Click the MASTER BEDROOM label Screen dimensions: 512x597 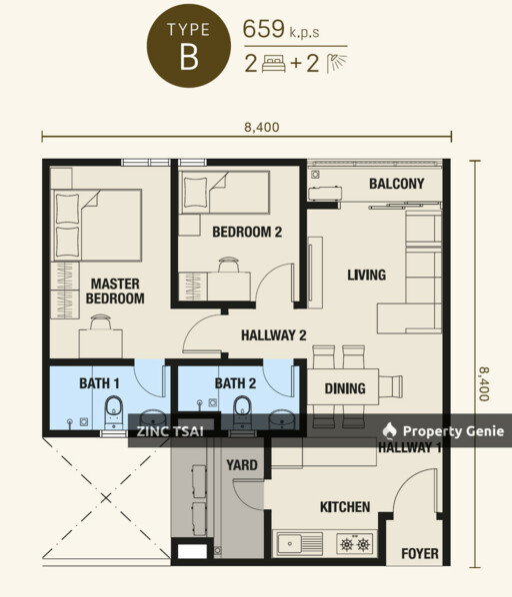click(x=115, y=292)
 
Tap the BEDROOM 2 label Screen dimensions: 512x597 click(x=247, y=232)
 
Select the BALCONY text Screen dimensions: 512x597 click(x=396, y=184)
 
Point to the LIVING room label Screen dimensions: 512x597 click(x=366, y=275)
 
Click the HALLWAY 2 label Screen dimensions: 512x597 click(x=274, y=335)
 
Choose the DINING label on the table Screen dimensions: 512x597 click(x=345, y=388)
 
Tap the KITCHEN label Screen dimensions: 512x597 click(x=345, y=507)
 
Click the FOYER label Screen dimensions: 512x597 click(x=420, y=554)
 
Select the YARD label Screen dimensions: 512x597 click(x=242, y=465)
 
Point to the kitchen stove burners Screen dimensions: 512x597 click(x=355, y=544)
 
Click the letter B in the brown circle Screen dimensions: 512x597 click(x=189, y=58)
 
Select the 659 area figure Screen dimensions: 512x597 click(x=264, y=29)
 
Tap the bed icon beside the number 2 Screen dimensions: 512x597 click(x=273, y=64)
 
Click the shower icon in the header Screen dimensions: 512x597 click(x=336, y=63)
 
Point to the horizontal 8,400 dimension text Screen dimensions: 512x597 click(x=262, y=127)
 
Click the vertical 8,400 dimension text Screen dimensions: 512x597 click(x=484, y=384)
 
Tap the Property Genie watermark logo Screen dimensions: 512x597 click(x=389, y=430)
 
